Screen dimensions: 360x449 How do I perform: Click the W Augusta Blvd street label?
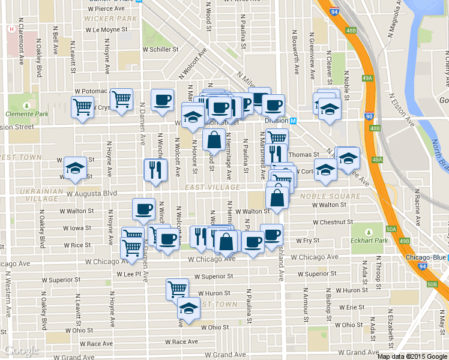[92, 194]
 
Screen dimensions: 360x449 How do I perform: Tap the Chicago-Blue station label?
[425, 257]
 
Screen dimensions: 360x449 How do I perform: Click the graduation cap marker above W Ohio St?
[188, 308]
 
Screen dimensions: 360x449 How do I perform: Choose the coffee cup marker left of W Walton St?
[143, 209]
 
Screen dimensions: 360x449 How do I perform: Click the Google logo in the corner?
[22, 350]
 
